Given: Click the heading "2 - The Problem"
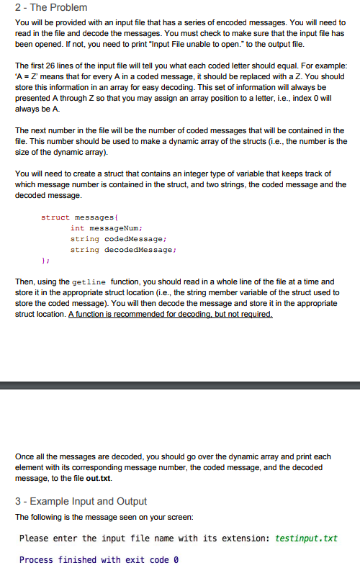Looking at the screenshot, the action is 50,7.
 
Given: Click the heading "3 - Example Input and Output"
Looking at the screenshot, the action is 81,501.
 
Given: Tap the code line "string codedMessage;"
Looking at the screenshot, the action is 119,238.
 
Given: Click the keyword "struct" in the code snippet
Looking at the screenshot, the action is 56,217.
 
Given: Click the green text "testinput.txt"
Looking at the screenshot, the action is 306,538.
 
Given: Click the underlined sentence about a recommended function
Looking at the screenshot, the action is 171,315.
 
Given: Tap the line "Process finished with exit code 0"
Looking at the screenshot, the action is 98,559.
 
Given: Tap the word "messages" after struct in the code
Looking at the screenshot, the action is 94,217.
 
